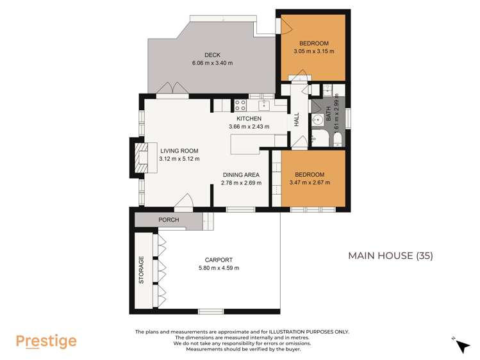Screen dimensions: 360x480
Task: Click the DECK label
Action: point(212,54)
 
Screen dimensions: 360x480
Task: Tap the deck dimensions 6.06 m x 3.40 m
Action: point(212,63)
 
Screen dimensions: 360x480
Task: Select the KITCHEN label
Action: point(249,119)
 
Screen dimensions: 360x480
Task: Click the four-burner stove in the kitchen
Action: point(241,105)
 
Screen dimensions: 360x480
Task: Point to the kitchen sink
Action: point(263,105)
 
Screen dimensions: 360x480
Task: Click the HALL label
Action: point(297,120)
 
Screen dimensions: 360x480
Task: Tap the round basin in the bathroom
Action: point(319,120)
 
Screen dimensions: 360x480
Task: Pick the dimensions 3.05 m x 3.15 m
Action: point(313,51)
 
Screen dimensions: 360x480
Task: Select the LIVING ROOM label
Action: point(179,151)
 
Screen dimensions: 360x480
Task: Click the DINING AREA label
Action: point(241,175)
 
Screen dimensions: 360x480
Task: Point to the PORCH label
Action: point(169,220)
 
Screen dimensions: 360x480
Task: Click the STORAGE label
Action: point(141,270)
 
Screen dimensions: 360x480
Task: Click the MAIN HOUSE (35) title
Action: point(390,256)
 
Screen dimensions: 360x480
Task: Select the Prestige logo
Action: point(46,341)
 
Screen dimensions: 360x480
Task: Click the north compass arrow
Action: point(462,346)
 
